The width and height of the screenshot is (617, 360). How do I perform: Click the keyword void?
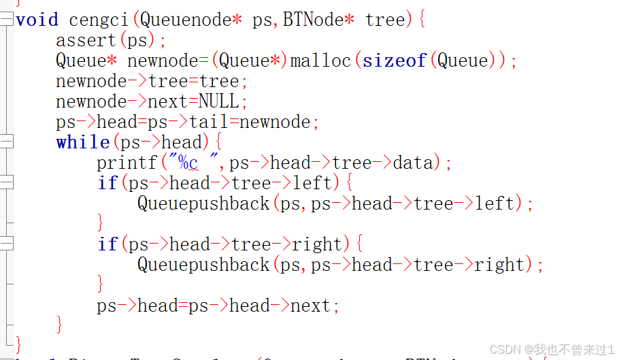[x=37, y=20]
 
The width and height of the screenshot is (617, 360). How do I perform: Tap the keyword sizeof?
[x=394, y=61]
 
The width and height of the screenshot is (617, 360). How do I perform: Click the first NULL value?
[x=218, y=102]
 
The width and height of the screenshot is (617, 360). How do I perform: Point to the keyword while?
[x=82, y=143]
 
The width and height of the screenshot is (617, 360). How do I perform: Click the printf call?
[x=127, y=163]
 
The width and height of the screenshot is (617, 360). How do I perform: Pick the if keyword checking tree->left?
[x=107, y=184]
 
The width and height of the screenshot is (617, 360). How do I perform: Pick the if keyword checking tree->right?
[x=107, y=244]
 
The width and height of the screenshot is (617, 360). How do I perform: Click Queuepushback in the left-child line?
[x=203, y=203]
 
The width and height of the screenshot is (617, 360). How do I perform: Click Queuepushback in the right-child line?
[x=203, y=265]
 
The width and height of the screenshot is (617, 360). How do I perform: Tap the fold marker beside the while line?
[x=7, y=142]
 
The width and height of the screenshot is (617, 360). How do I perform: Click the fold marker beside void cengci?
[x=7, y=20]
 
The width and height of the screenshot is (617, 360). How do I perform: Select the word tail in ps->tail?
[x=208, y=122]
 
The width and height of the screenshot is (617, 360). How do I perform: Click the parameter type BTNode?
[x=314, y=20]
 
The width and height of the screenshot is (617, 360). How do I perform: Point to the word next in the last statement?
[x=310, y=306]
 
